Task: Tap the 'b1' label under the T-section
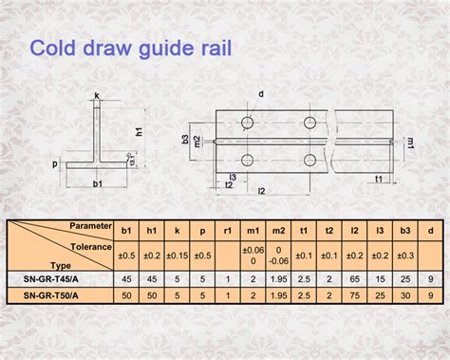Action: [97, 182]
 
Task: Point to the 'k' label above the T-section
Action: [97, 95]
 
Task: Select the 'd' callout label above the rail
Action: [261, 94]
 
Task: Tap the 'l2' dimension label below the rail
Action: [262, 191]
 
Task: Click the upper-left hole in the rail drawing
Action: [246, 123]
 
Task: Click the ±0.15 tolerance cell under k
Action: [177, 256]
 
